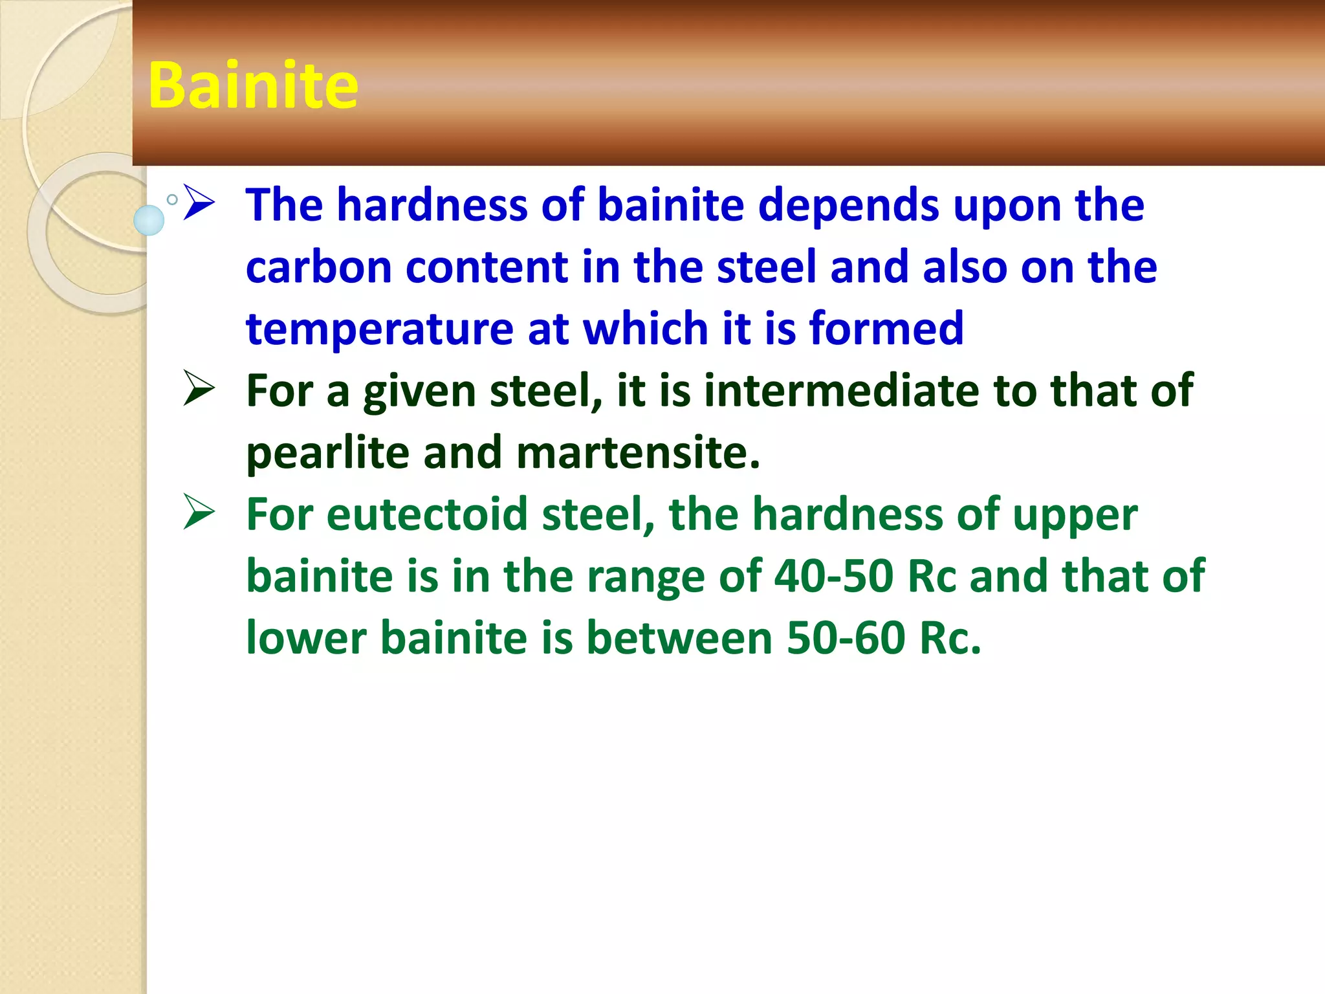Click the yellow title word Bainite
coord(252,85)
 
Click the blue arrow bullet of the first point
coord(199,203)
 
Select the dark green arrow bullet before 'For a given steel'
coord(199,388)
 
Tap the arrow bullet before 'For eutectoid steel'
coord(199,512)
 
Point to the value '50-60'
coord(846,638)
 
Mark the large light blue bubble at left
coord(149,220)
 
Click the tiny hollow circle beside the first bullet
coord(172,199)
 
